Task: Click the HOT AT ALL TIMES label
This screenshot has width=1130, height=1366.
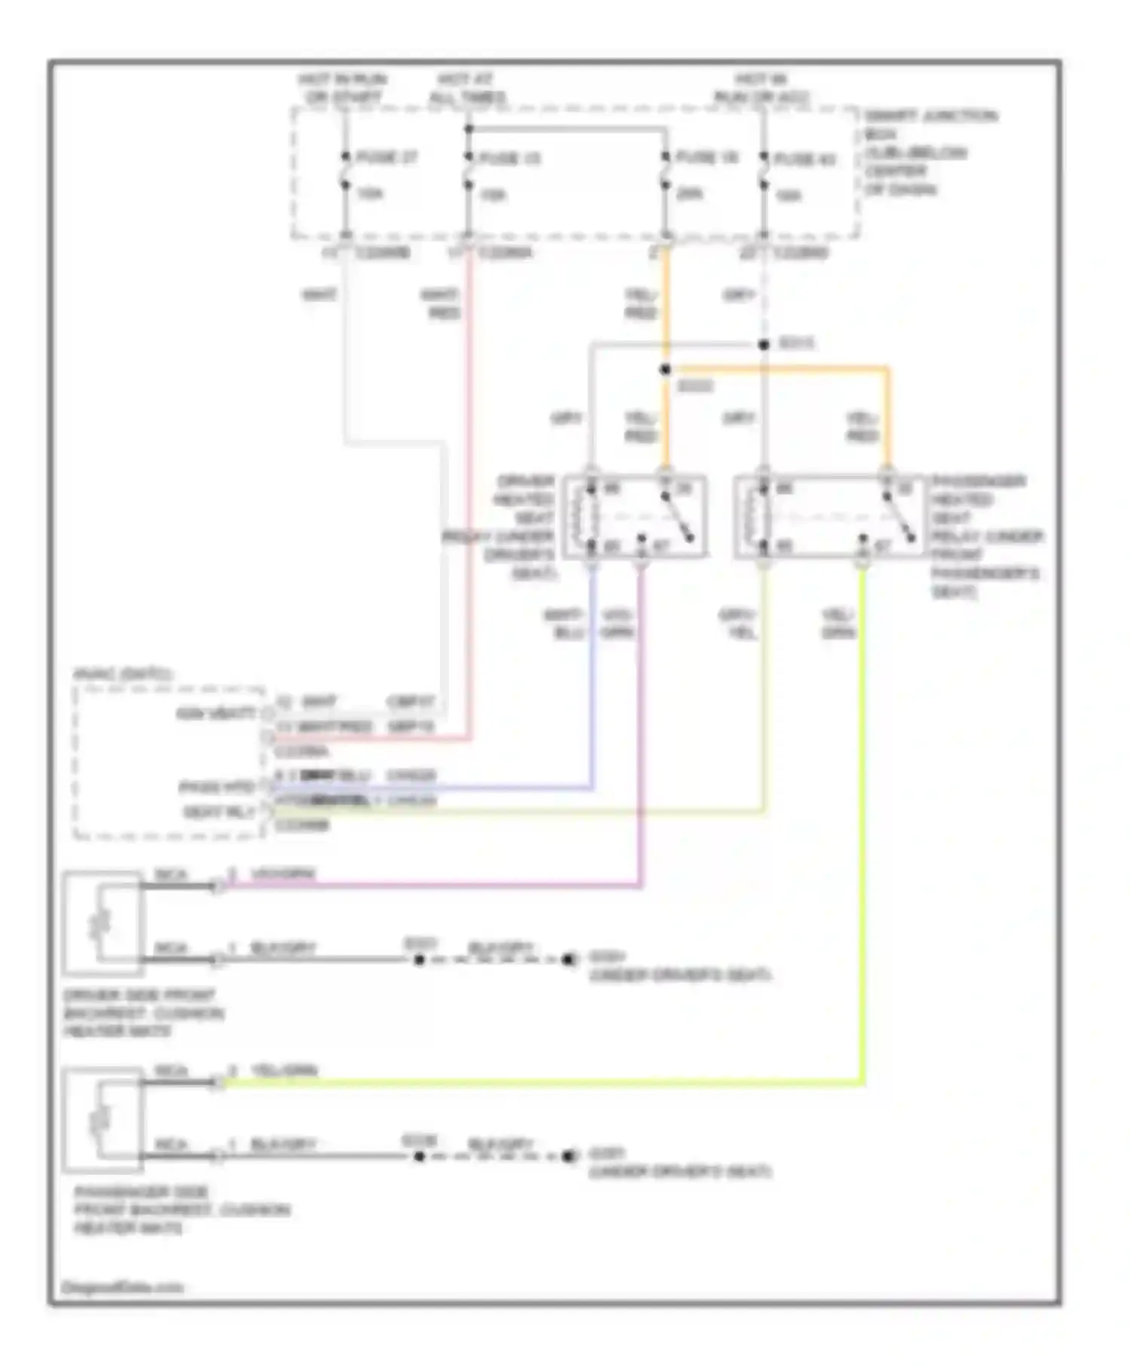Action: pyautogui.click(x=467, y=88)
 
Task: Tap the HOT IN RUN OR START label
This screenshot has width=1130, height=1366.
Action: pyautogui.click(x=343, y=88)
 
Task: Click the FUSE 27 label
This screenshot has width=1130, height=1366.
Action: pyautogui.click(x=386, y=158)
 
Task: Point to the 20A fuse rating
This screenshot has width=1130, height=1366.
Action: pyautogui.click(x=689, y=194)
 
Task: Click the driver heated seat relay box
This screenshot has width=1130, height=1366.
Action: pyautogui.click(x=635, y=517)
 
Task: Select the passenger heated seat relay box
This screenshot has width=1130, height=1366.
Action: pyautogui.click(x=828, y=517)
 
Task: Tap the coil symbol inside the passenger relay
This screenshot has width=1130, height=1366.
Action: pyautogui.click(x=751, y=517)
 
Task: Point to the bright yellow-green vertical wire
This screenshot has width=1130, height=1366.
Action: pyautogui.click(x=863, y=828)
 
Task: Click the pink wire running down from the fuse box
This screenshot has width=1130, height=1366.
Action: pyautogui.click(x=470, y=489)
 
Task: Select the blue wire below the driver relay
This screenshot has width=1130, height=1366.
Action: pyautogui.click(x=592, y=678)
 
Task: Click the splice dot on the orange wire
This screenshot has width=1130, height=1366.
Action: pyautogui.click(x=665, y=370)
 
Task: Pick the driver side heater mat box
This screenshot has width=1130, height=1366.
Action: pyautogui.click(x=102, y=922)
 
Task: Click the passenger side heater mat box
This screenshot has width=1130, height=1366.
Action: pyautogui.click(x=102, y=1120)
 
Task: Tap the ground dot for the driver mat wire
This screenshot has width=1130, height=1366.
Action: pyautogui.click(x=570, y=959)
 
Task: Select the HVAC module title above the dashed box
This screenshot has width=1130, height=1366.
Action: pyautogui.click(x=123, y=674)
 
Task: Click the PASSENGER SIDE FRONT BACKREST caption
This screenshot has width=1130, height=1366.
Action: pyautogui.click(x=182, y=1210)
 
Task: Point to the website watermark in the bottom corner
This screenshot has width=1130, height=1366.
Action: pyautogui.click(x=122, y=1288)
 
